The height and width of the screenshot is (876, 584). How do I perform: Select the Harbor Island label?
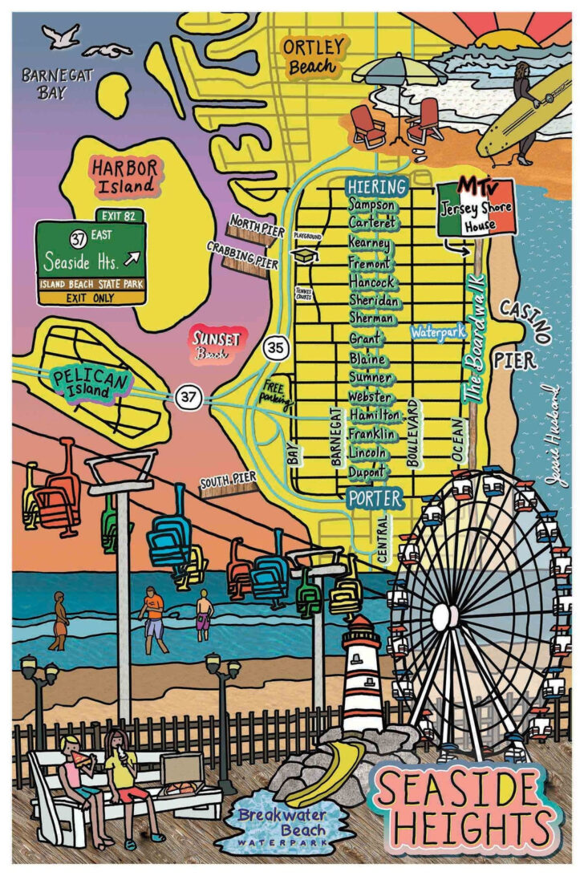tap(123, 176)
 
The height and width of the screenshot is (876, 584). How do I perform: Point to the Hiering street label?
tap(376, 187)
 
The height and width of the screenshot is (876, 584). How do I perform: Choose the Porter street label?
tap(375, 498)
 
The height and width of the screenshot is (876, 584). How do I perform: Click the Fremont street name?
tap(370, 262)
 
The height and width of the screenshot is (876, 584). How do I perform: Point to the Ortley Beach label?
tap(312, 56)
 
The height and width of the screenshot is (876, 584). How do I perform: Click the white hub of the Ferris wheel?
tap(442, 616)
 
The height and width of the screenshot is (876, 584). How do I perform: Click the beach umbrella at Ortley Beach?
tap(399, 71)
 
